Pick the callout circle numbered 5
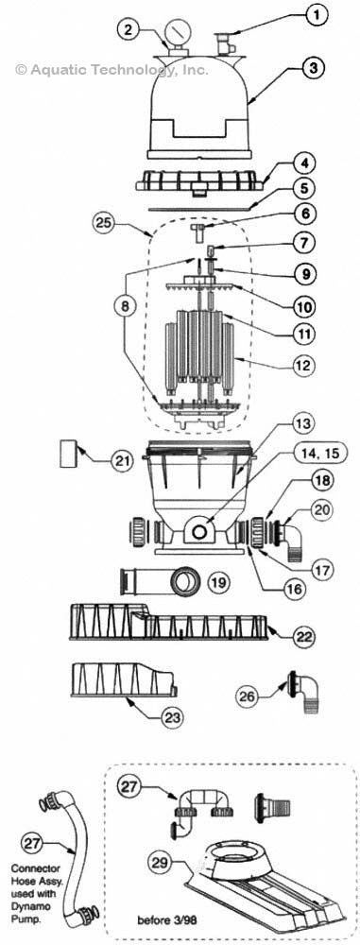[x=300, y=188]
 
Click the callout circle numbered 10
[x=301, y=307]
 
